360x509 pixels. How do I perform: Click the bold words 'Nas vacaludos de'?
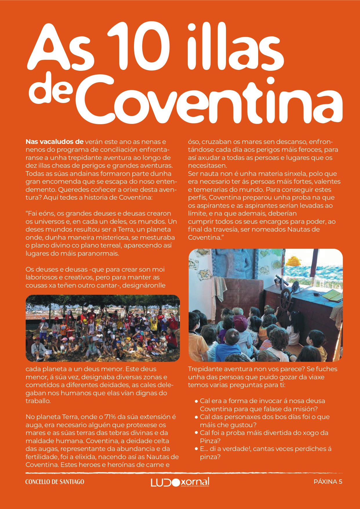(54, 142)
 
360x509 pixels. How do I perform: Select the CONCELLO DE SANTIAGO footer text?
(55, 482)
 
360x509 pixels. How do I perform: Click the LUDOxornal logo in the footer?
(180, 482)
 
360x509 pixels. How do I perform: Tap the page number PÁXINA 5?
(328, 482)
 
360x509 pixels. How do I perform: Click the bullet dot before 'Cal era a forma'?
(196, 401)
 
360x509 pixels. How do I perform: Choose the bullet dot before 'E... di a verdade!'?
(196, 449)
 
